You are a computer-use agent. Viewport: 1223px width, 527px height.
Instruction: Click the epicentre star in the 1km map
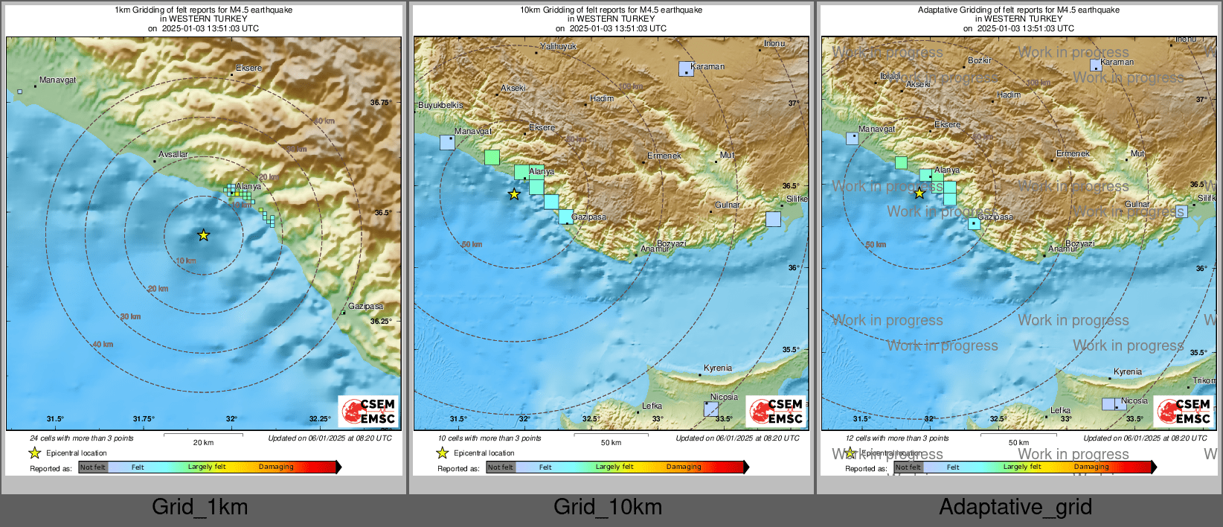(204, 235)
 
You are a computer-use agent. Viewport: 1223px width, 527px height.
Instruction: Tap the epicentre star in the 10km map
(514, 194)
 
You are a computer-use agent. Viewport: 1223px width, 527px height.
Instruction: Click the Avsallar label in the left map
(173, 154)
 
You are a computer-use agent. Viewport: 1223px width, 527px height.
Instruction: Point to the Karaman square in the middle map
(686, 68)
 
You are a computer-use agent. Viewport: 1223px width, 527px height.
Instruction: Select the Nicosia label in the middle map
(724, 397)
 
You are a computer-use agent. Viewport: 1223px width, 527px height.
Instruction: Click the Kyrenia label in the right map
(1128, 371)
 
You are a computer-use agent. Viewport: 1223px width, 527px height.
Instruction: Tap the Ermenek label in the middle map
(664, 156)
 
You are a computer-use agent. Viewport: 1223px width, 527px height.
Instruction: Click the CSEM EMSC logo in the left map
(369, 411)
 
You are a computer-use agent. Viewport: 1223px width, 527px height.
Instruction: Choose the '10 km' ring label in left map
(186, 261)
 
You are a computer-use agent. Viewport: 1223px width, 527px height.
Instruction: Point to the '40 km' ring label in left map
(103, 344)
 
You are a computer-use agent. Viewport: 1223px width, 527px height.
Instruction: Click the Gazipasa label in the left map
(365, 306)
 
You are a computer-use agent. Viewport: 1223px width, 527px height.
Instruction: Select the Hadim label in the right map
(1009, 95)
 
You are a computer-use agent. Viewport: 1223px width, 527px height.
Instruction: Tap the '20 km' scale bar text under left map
(203, 442)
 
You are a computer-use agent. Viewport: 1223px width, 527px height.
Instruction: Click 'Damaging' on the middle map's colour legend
(684, 467)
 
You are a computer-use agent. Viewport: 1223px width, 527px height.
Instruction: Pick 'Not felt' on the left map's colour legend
(93, 467)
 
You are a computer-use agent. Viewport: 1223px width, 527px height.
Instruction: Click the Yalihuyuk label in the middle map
(558, 46)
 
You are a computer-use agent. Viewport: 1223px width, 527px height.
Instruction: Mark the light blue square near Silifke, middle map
(773, 219)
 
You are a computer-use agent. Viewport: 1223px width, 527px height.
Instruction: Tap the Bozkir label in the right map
(979, 60)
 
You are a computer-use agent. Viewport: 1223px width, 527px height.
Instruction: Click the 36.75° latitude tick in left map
(382, 102)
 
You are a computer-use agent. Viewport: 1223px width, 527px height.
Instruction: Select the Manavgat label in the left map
(57, 80)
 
